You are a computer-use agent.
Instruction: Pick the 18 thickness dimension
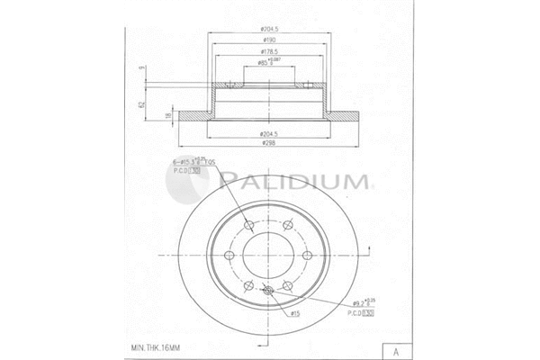point(169,116)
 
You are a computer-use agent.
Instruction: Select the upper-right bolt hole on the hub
point(286,225)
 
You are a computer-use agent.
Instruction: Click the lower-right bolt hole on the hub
point(286,287)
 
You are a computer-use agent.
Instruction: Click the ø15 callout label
point(293,312)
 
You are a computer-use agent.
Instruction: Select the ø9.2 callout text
point(358,303)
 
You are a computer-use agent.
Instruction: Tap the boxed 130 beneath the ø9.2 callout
point(367,313)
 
